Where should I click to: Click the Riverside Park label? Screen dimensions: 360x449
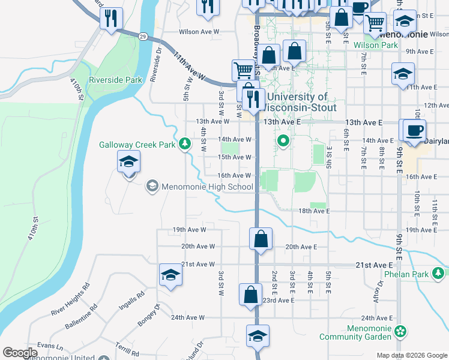pos(115,80)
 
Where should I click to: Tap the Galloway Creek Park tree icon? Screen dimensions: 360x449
pos(186,144)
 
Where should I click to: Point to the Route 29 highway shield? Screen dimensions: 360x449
pos(143,37)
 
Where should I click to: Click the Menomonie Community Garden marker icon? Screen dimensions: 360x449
pos(400,331)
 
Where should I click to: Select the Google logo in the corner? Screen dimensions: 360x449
pos(20,353)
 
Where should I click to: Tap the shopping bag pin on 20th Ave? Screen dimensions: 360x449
pos(261,239)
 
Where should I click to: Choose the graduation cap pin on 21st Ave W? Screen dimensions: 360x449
pos(170,275)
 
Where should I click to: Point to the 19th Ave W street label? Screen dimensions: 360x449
pos(189,230)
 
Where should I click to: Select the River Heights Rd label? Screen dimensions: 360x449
pos(70,299)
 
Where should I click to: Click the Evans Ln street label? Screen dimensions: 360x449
pos(50,346)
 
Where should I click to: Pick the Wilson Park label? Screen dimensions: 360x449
pos(375,45)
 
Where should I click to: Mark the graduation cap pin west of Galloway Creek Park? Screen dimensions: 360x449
pos(128,163)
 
